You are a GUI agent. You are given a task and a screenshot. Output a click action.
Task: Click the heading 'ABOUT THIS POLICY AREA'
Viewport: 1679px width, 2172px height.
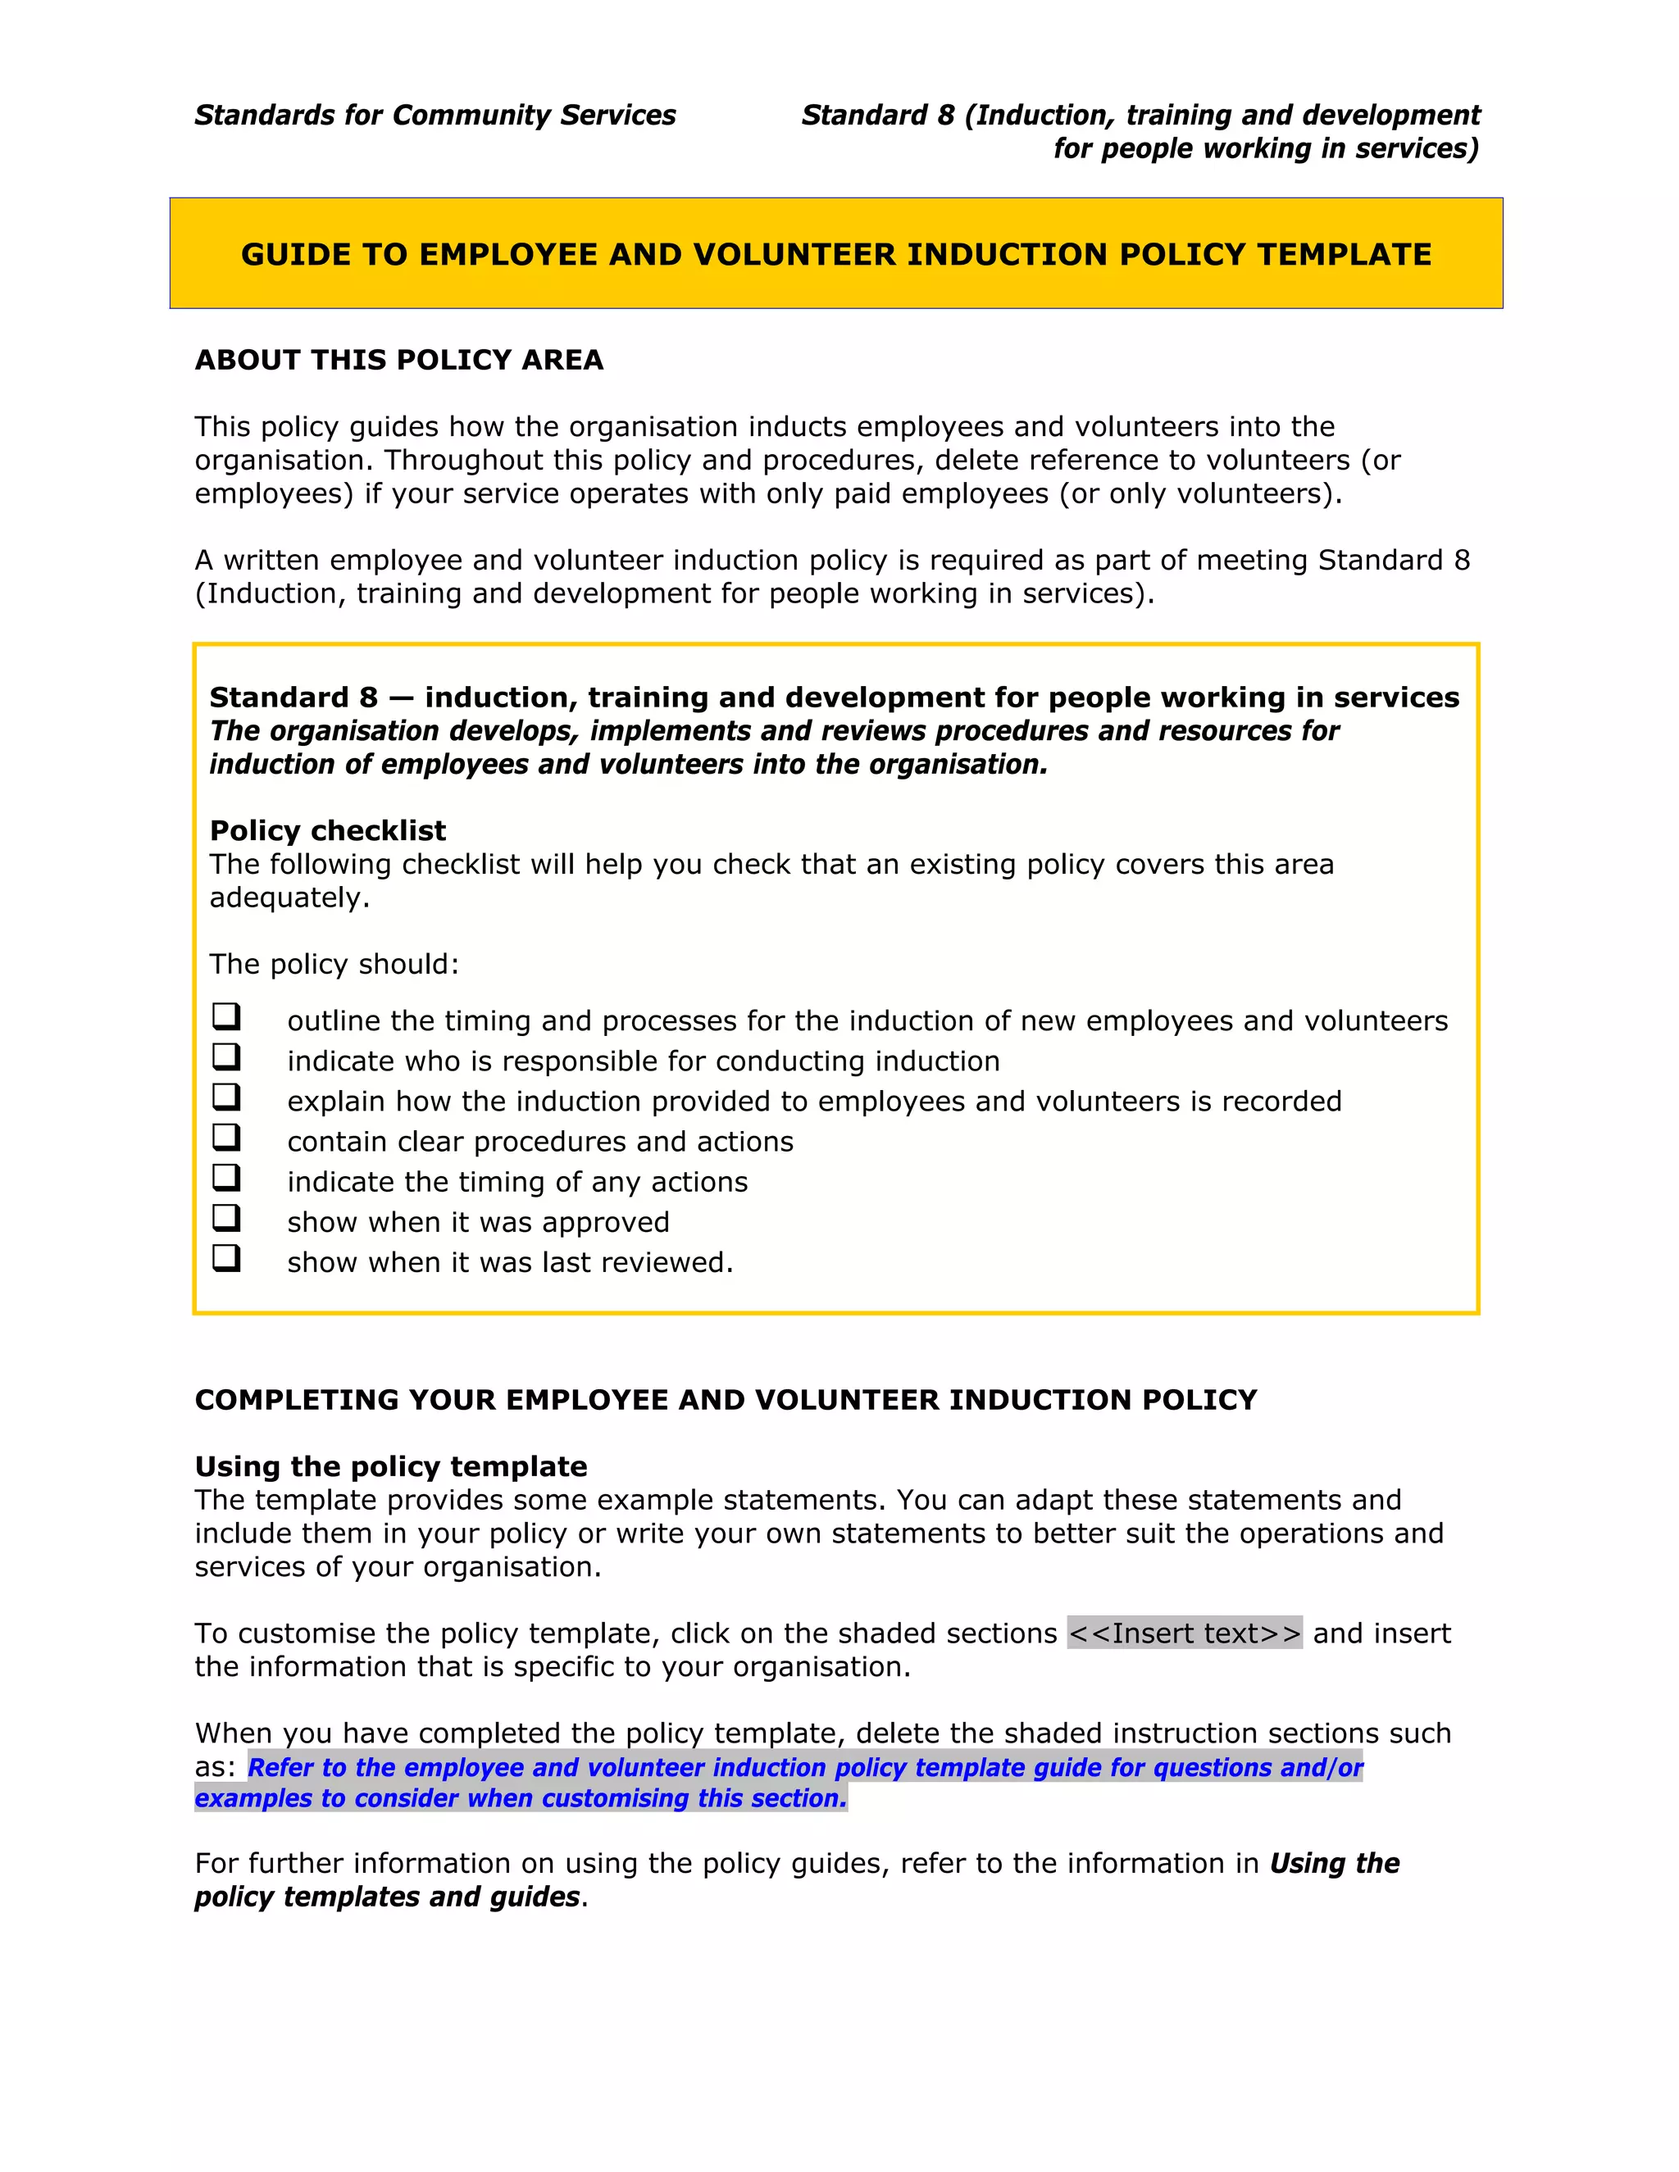pyautogui.click(x=399, y=360)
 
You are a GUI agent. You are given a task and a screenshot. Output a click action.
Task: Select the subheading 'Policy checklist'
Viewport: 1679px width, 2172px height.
pyautogui.click(x=327, y=830)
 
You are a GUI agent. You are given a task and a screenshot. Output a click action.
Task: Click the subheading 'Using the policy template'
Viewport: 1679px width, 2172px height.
pyautogui.click(x=391, y=1467)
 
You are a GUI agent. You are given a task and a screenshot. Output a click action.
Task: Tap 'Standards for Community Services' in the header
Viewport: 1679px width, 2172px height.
pyautogui.click(x=435, y=116)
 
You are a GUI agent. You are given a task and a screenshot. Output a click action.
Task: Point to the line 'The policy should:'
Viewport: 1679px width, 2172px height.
pyautogui.click(x=334, y=964)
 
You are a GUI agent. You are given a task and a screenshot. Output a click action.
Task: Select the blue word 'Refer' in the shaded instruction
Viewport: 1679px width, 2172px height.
pyautogui.click(x=281, y=1767)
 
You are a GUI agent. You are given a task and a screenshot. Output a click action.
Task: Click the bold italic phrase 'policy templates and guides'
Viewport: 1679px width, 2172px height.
pyautogui.click(x=387, y=1897)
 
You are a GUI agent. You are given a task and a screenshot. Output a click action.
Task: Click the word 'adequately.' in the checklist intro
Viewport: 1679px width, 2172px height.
pyautogui.click(x=289, y=898)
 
